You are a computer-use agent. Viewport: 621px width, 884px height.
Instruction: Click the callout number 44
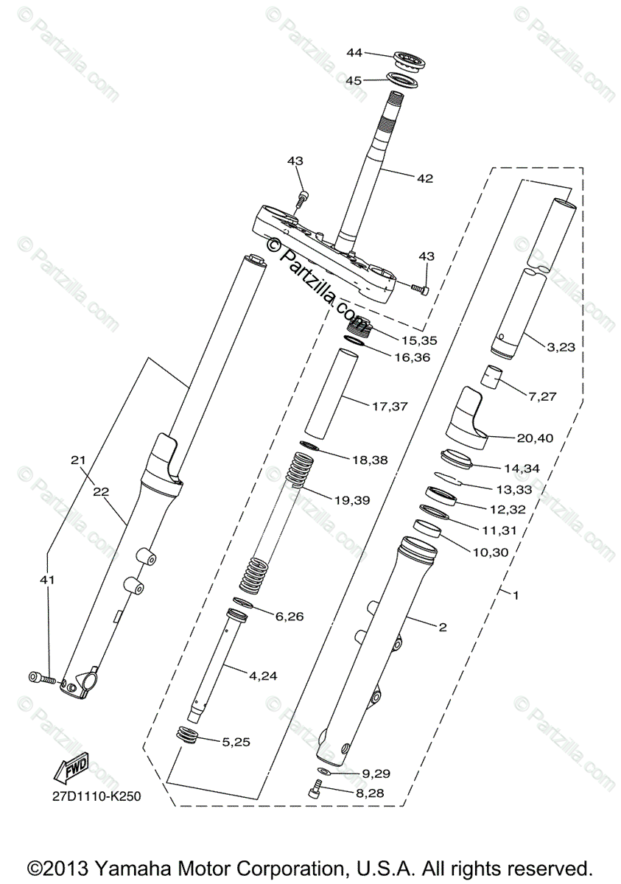tap(354, 52)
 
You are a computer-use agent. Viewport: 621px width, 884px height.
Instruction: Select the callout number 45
tap(354, 80)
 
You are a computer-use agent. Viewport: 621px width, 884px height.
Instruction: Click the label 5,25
tap(236, 742)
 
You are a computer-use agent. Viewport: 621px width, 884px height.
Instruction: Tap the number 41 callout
tap(47, 580)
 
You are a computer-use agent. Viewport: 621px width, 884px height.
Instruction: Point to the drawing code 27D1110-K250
tap(96, 796)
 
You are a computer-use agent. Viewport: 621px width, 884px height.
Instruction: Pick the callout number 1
tap(516, 595)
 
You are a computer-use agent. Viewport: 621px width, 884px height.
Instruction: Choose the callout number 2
tap(442, 628)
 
